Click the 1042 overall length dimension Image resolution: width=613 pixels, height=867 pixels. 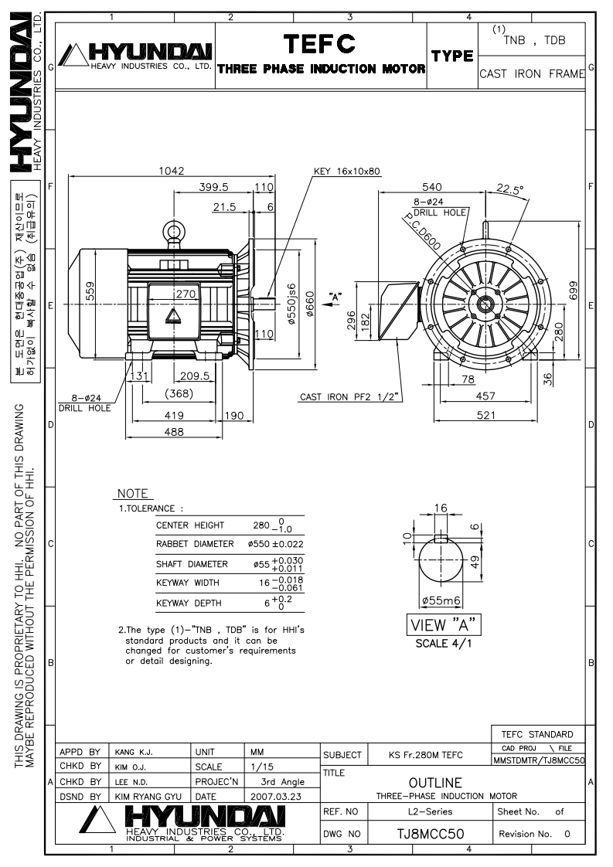pyautogui.click(x=171, y=171)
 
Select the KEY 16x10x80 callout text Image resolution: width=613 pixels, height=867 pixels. pyautogui.click(x=347, y=172)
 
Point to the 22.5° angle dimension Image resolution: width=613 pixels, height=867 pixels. pyautogui.click(x=509, y=189)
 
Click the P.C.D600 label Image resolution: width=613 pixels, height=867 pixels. pyautogui.click(x=421, y=232)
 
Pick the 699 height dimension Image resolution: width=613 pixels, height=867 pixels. pyautogui.click(x=573, y=291)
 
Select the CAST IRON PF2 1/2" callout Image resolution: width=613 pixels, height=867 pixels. pyautogui.click(x=349, y=397)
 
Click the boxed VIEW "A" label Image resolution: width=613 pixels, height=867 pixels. pyautogui.click(x=444, y=625)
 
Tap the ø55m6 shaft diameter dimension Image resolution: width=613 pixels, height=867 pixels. pyautogui.click(x=441, y=600)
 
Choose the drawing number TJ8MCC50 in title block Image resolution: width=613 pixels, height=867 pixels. pyautogui.click(x=431, y=834)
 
